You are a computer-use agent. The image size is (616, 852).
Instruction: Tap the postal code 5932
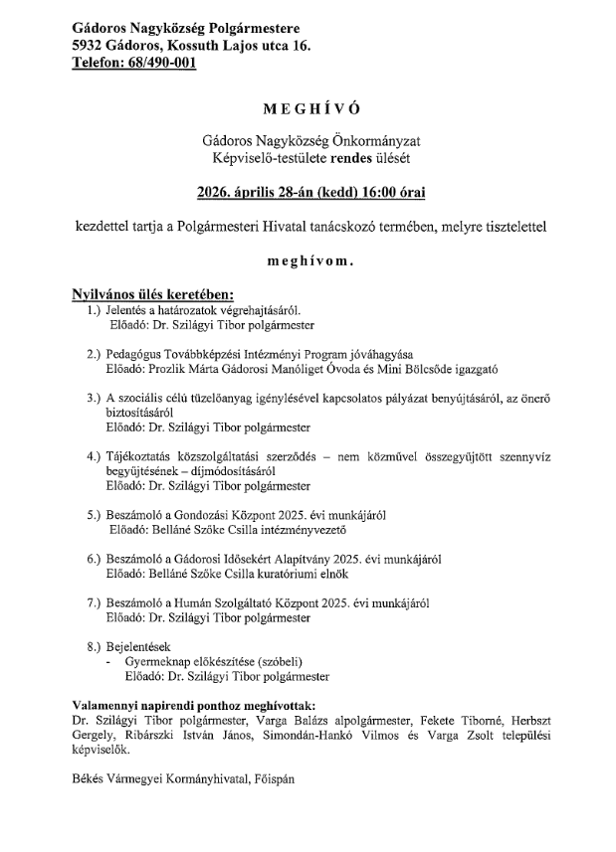pos(89,46)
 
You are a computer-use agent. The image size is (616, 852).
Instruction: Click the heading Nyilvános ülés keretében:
pos(152,295)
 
